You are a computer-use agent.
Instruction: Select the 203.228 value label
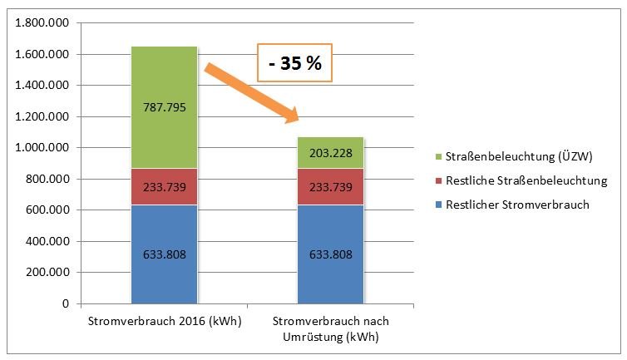click(x=330, y=153)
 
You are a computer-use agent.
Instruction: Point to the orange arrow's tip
click(x=299, y=123)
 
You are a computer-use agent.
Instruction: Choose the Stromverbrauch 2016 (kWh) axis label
click(x=164, y=321)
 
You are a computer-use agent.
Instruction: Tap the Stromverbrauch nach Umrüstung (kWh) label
click(x=330, y=328)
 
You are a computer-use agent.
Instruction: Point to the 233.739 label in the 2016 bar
click(x=164, y=188)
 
